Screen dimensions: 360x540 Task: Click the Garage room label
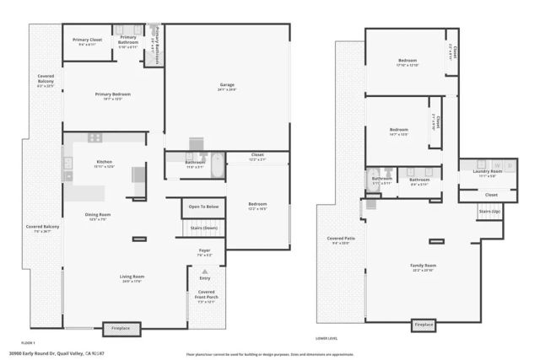click(x=227, y=85)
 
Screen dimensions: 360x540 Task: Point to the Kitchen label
click(x=104, y=163)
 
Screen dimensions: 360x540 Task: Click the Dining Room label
click(x=98, y=215)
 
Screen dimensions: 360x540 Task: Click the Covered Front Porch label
click(x=205, y=294)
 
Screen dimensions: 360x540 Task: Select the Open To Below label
click(x=203, y=207)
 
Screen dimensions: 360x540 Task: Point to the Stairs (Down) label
click(x=202, y=228)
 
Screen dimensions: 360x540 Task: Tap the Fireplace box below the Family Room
click(x=424, y=325)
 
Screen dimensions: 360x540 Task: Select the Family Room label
click(x=424, y=266)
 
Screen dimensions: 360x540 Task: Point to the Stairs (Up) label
click(x=490, y=212)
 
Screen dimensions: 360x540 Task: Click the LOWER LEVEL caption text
click(x=327, y=337)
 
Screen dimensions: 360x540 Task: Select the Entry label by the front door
click(x=205, y=277)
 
